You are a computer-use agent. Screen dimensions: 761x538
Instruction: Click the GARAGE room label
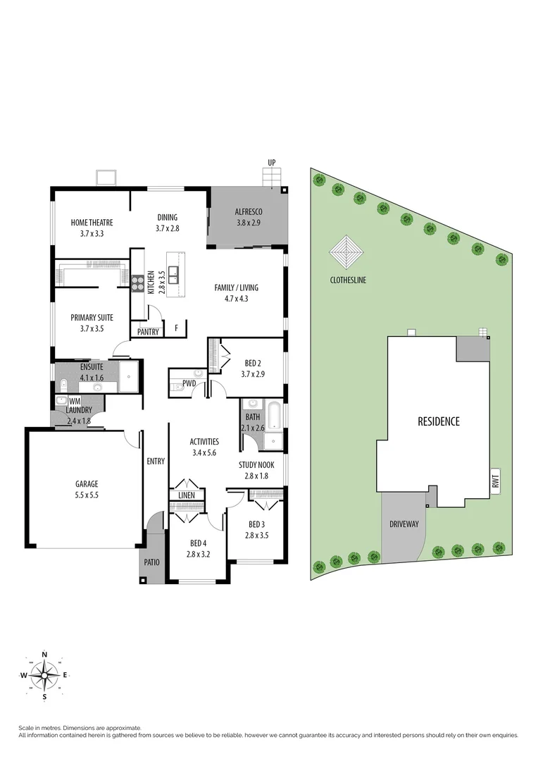(x=87, y=484)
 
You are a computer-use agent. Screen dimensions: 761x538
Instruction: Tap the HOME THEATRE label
(x=92, y=223)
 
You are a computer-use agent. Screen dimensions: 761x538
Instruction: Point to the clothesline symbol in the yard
(x=347, y=251)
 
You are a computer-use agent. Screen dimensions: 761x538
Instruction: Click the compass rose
(x=45, y=674)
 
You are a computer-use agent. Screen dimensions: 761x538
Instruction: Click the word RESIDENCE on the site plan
(x=438, y=421)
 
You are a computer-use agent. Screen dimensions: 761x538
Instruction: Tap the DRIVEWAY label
(x=403, y=524)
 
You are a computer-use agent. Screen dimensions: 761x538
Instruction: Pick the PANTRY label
(x=148, y=331)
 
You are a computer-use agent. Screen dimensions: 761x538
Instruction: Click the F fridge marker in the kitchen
(x=176, y=328)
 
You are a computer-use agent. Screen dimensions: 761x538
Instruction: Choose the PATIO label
(x=151, y=562)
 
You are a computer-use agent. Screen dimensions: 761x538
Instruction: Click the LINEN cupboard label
(x=187, y=495)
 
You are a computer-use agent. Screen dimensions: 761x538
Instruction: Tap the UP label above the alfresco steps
(x=271, y=163)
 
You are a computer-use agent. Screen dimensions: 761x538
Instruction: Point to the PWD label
(x=189, y=384)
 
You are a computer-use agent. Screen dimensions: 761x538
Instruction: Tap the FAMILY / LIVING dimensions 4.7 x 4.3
(x=236, y=298)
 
